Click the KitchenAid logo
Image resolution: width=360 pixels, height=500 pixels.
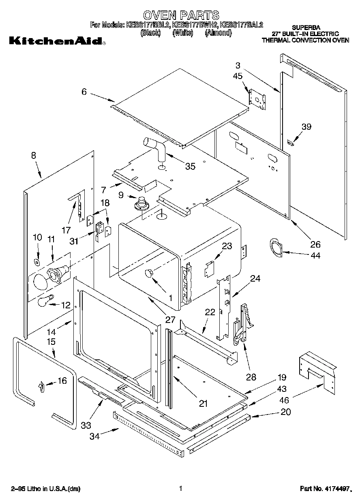click(56, 41)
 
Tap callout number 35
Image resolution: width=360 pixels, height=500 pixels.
click(190, 166)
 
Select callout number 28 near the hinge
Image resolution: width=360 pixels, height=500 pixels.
click(251, 377)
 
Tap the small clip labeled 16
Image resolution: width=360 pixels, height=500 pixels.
click(41, 387)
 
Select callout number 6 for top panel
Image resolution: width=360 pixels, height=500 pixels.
click(84, 92)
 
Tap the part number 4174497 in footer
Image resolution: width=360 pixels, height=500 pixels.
click(335, 489)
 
